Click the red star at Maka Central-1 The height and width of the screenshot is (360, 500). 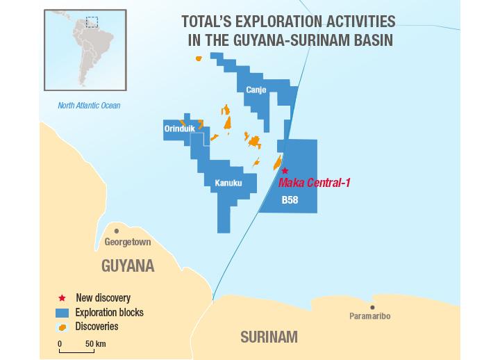284,170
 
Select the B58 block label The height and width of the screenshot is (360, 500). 290,200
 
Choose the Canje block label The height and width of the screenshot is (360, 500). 256,90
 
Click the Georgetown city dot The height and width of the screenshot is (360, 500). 117,231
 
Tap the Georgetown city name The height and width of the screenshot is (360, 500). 128,243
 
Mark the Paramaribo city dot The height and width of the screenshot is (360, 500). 373,307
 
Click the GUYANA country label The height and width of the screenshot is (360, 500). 128,266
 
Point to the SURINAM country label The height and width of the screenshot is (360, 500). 269,338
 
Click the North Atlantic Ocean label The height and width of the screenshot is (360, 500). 89,106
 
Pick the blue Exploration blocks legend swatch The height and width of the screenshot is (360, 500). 63,312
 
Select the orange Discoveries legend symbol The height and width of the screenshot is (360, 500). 62,327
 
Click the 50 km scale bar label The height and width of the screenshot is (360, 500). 95,343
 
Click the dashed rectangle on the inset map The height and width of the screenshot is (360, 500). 92,22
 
